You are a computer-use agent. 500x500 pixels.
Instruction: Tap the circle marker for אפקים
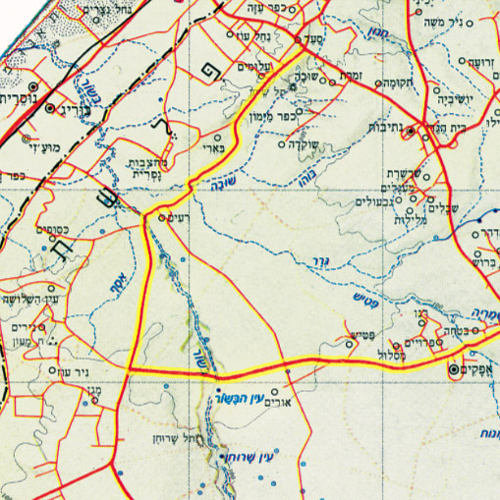point(454,369)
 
